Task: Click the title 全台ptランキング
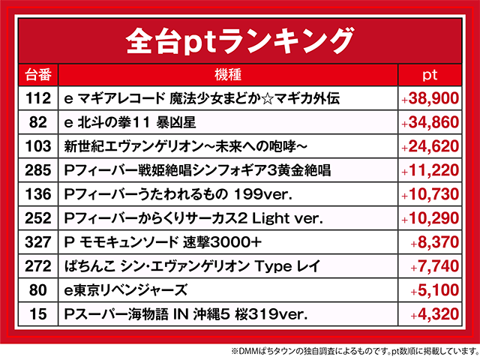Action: coord(239,38)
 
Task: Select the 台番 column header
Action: coord(37,75)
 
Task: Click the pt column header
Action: coord(430,75)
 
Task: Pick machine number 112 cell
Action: coord(37,98)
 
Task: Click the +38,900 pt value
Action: coord(430,98)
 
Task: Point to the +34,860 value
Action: coord(430,122)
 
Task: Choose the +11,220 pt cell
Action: coord(430,170)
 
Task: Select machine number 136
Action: coord(37,194)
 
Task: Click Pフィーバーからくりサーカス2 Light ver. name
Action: coord(193,218)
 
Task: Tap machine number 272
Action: coord(37,266)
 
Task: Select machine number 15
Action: coord(37,314)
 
